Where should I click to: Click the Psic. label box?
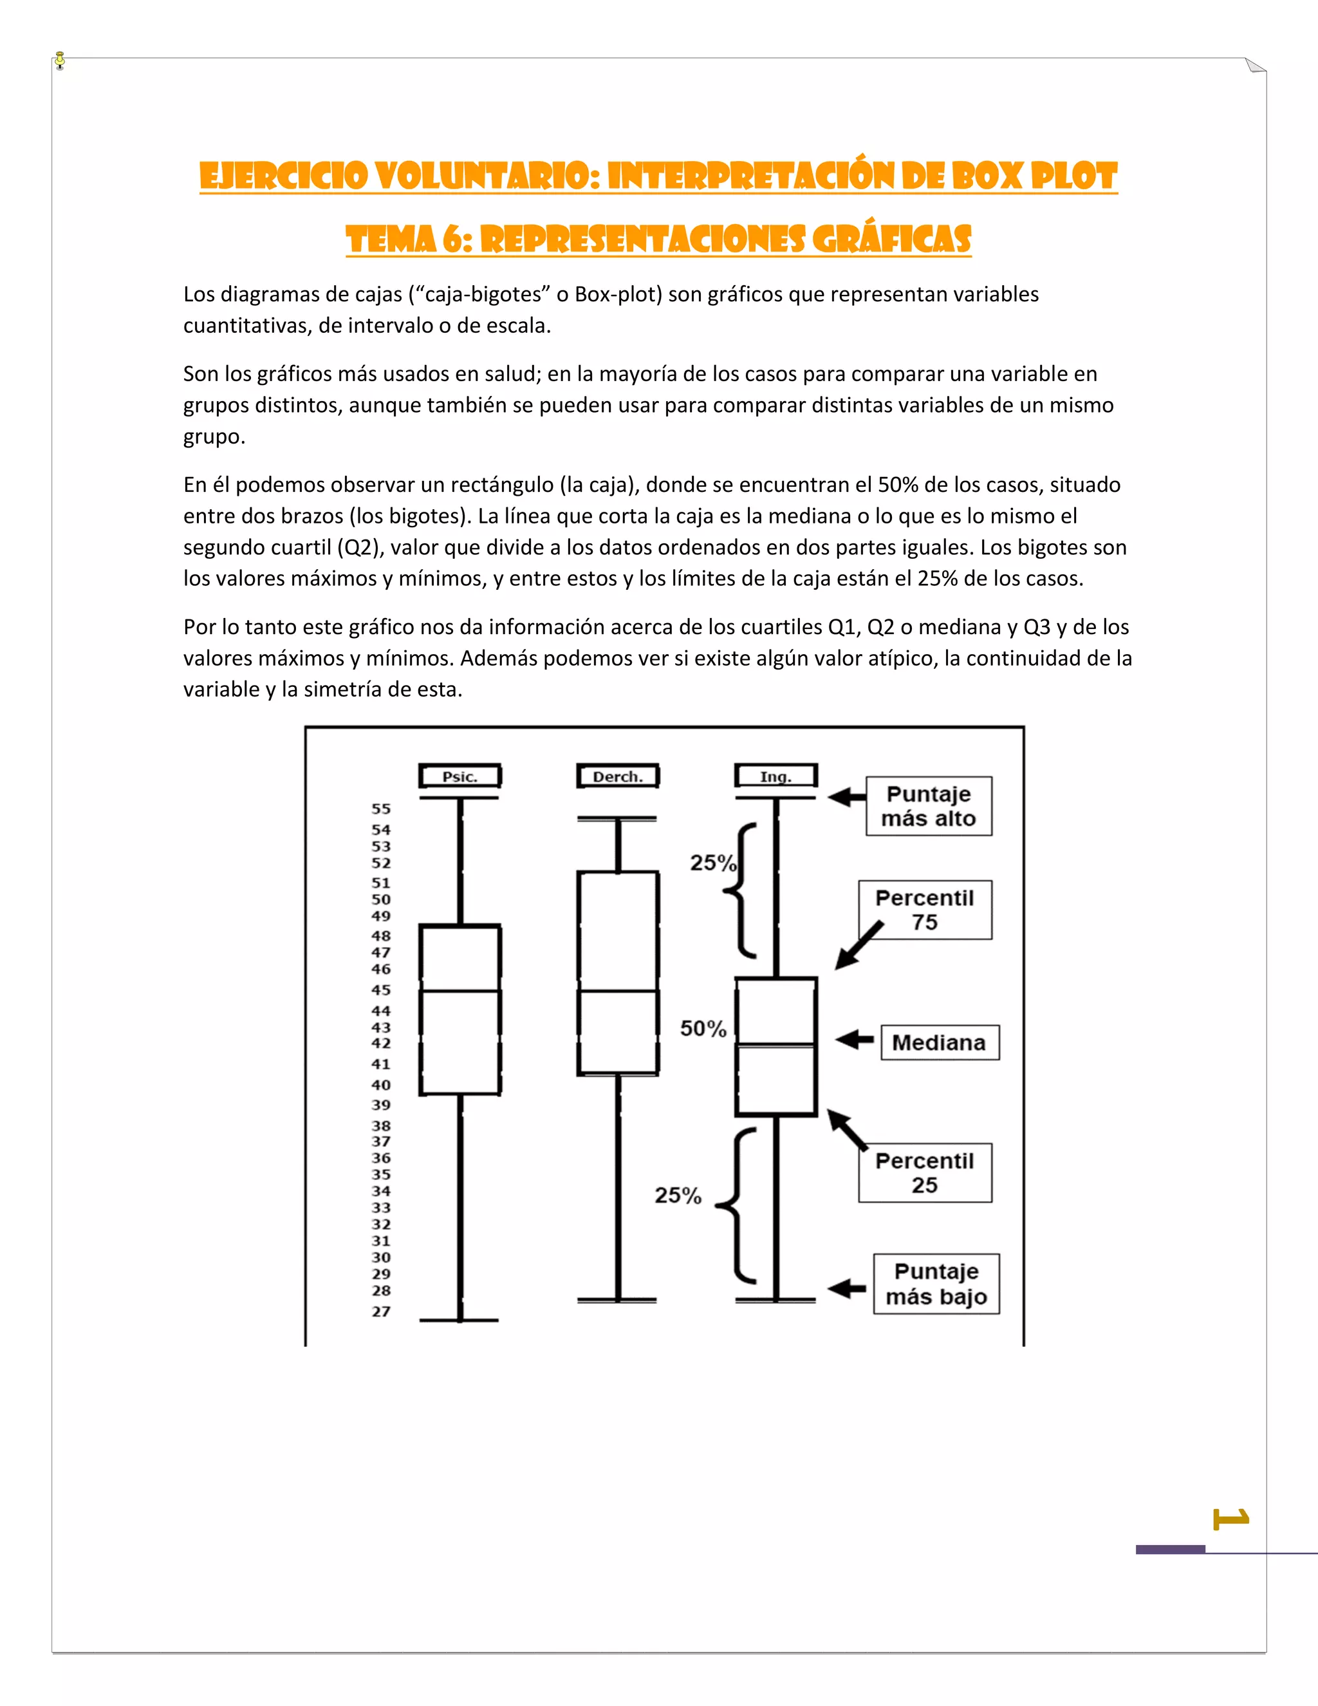(460, 776)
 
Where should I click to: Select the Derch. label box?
(618, 776)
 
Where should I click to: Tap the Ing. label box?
(775, 776)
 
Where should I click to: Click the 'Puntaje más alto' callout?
(929, 806)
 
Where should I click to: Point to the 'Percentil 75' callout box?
(925, 910)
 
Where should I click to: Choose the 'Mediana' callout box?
(940, 1043)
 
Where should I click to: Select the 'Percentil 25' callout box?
(925, 1172)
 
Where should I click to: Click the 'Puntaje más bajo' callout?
(936, 1284)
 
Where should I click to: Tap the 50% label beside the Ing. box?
(703, 1029)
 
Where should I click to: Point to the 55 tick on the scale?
(381, 809)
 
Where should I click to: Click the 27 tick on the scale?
(381, 1311)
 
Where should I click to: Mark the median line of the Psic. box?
(460, 991)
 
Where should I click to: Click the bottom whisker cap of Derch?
(618, 1300)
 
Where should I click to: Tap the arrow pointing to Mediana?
(854, 1040)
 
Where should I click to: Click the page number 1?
(1231, 1519)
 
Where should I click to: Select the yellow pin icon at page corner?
(60, 60)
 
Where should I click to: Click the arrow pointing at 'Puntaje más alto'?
(846, 798)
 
